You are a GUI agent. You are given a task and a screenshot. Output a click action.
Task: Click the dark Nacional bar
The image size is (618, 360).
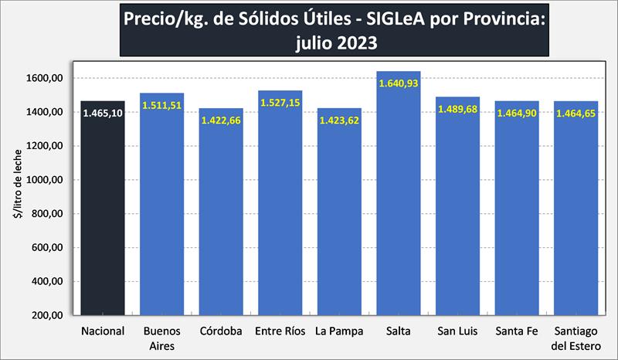(x=102, y=216)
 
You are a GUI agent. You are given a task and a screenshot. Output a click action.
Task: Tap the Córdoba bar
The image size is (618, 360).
(x=221, y=224)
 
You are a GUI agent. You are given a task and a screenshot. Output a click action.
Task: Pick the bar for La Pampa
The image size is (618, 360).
(x=339, y=224)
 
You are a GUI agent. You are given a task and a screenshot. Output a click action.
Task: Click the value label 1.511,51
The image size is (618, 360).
(x=161, y=106)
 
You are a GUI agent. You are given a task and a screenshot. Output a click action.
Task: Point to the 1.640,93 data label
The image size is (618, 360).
(x=399, y=83)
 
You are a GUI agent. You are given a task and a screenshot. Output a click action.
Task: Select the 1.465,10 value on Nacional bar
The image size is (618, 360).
(x=102, y=114)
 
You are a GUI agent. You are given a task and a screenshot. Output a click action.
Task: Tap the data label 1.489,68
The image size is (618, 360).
(x=457, y=109)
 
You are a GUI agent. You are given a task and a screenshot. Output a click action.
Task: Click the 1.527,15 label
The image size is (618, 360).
(x=280, y=103)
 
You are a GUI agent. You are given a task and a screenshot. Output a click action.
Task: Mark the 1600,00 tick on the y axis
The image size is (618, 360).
(x=45, y=78)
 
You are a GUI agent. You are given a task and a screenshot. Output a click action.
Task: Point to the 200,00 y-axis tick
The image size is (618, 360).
(x=47, y=316)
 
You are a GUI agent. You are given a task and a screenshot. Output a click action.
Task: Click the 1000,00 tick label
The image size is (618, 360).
(x=45, y=180)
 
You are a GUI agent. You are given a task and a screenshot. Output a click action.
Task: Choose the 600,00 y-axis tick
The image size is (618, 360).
(x=47, y=248)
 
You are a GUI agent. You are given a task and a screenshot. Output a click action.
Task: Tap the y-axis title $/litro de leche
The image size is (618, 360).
(x=16, y=196)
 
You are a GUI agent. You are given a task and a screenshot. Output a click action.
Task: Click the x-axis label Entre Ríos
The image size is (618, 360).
(x=280, y=332)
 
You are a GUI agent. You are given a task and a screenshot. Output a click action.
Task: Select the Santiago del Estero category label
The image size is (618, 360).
(x=576, y=339)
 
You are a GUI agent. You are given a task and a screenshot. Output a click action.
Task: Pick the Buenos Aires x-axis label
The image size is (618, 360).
(x=161, y=339)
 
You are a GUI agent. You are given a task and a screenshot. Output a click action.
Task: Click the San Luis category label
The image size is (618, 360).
(x=457, y=332)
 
